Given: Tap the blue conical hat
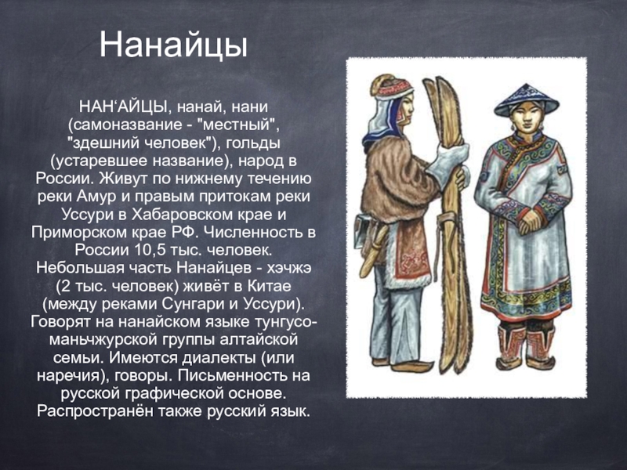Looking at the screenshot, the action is (x=526, y=101).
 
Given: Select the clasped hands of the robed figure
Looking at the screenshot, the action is (x=529, y=221).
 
